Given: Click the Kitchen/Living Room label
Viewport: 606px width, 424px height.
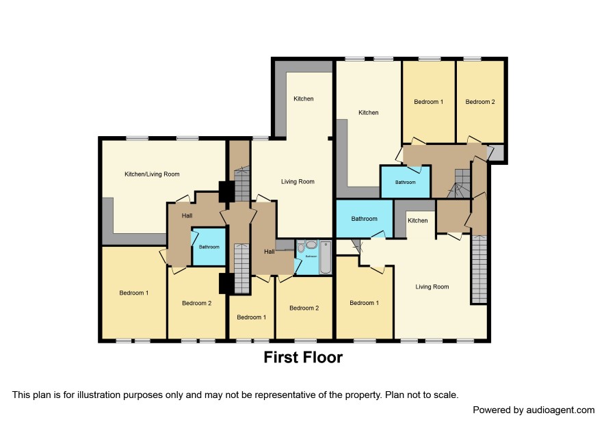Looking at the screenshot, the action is coord(152,174).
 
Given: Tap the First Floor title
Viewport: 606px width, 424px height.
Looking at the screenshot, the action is coord(303,357).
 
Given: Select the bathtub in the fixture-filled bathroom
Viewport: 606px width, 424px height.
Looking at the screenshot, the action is coord(326,256).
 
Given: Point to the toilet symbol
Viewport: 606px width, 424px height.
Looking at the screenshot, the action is coord(301,247).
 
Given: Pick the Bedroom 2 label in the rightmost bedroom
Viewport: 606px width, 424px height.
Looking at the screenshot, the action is coord(480,102).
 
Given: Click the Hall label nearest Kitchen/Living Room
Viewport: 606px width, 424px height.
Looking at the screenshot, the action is coord(187,215).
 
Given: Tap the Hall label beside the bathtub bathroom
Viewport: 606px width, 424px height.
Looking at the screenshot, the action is coord(269,252).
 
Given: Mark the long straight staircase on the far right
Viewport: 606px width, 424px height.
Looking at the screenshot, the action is coord(479,269).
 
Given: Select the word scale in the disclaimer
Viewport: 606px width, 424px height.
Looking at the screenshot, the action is coord(444,395).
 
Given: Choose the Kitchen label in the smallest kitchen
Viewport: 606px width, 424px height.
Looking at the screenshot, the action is coord(418,220).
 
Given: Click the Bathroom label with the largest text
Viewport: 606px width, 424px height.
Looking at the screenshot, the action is coord(364,219).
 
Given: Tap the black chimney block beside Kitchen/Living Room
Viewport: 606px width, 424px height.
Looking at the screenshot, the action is coord(226,191).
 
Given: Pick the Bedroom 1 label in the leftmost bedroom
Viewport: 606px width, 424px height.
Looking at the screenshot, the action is coord(134,293).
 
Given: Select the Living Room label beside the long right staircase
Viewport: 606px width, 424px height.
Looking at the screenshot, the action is coord(432,287).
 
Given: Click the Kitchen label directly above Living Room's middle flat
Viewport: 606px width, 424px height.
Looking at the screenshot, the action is coord(304,98).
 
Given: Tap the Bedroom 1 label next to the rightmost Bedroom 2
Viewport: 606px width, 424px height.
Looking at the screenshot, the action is coord(429,102).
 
